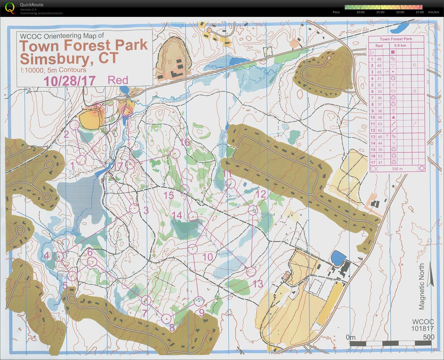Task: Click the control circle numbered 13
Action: [251, 272]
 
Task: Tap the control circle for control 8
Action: [166, 319]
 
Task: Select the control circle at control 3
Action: [134, 208]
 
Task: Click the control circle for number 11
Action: [230, 183]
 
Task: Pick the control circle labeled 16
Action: [175, 154]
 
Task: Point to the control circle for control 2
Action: [75, 125]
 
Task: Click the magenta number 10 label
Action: [207, 257]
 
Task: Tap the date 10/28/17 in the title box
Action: [69, 81]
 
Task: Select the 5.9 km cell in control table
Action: [400, 46]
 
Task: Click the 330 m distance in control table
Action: [397, 169]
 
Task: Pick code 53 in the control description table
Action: [380, 156]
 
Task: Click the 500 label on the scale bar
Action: [429, 337]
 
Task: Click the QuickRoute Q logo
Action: [10, 8]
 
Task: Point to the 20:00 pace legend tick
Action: [400, 12]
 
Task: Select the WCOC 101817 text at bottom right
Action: [422, 325]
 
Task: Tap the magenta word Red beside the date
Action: [118, 80]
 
